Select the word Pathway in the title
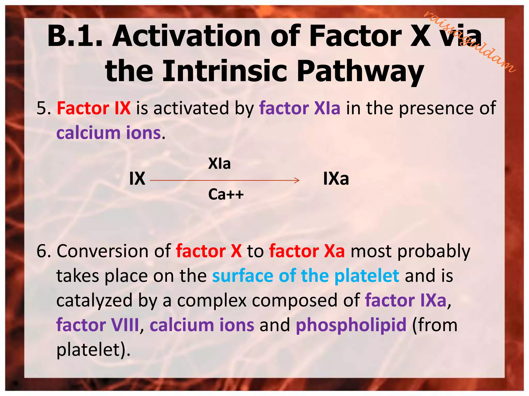tap(360, 71)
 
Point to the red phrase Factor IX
tap(94, 108)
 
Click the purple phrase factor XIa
tap(300, 108)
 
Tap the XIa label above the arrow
tap(219, 163)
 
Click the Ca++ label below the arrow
tap(226, 194)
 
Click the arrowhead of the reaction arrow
tap(298, 180)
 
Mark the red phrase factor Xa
tap(307, 251)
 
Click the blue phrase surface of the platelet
tap(306, 276)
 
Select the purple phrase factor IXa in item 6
tap(406, 300)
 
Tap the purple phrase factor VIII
tap(98, 325)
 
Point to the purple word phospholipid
tap(351, 325)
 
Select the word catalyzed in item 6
tap(94, 301)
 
